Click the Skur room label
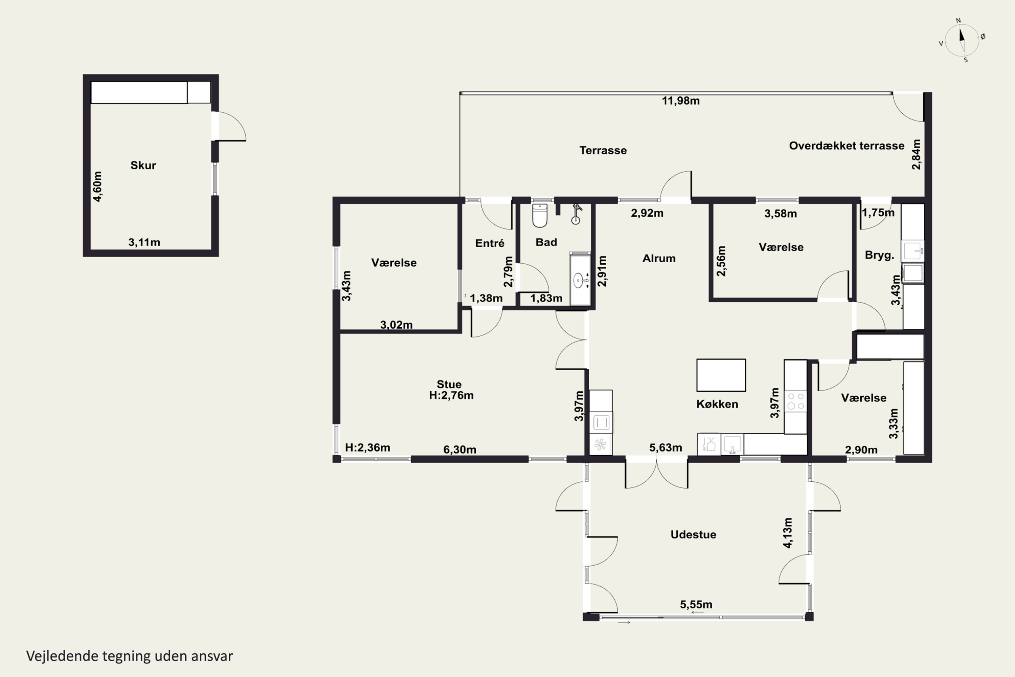[143, 166]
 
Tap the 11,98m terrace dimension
[680, 101]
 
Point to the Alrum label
[659, 258]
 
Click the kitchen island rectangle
[721, 375]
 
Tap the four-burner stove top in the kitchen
[796, 401]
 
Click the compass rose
[962, 41]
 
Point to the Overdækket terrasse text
[847, 146]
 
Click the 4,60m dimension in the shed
[98, 187]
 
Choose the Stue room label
[449, 384]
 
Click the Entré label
[490, 243]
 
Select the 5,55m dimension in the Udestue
[696, 605]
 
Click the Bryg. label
[879, 256]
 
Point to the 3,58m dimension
[781, 214]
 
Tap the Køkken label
[717, 404]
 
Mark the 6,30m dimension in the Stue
[460, 450]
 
